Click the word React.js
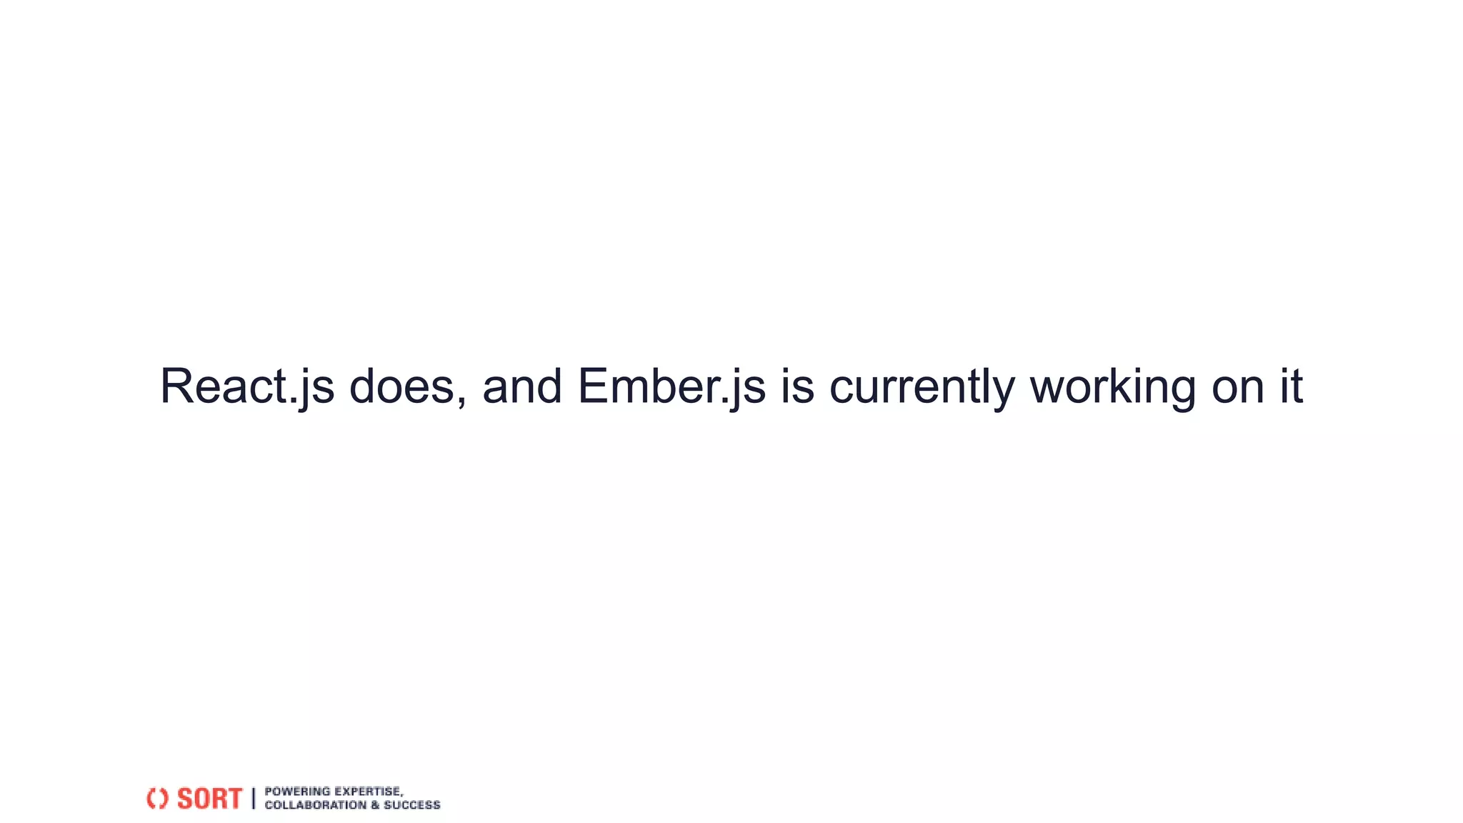click(x=246, y=387)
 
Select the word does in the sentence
click(x=402, y=387)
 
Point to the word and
click(x=522, y=387)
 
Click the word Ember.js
click(x=671, y=387)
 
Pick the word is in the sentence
click(x=797, y=387)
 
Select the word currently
click(x=922, y=387)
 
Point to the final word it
click(x=1290, y=387)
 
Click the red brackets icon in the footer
click(x=157, y=798)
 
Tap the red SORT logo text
click(x=209, y=798)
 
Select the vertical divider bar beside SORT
click(x=253, y=798)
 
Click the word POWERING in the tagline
click(x=297, y=791)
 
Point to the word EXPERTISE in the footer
click(x=368, y=791)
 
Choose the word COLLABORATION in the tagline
click(x=315, y=805)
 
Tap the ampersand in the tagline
click(x=375, y=805)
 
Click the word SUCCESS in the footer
click(x=412, y=805)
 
